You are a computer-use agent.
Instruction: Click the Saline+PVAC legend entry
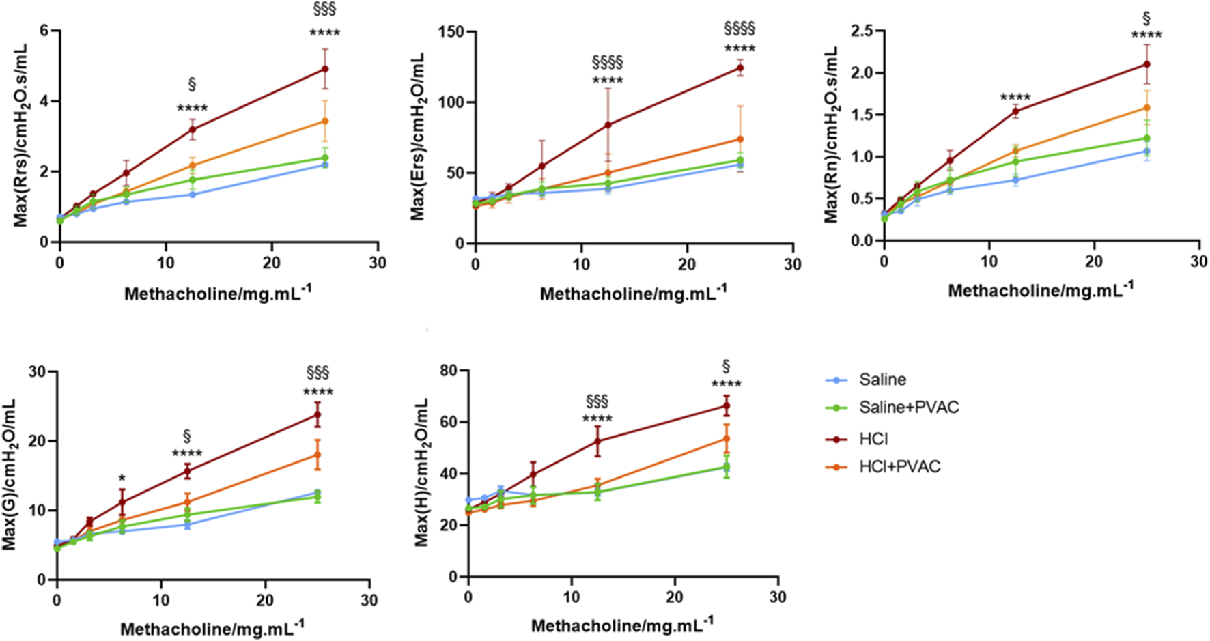click(x=908, y=408)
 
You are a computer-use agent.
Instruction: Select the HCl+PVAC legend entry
click(x=899, y=467)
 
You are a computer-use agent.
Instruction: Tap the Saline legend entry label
click(x=882, y=380)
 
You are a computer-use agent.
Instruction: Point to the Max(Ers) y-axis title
click(x=417, y=137)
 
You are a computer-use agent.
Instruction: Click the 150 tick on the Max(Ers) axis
click(x=451, y=31)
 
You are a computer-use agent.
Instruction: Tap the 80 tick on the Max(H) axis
click(x=449, y=370)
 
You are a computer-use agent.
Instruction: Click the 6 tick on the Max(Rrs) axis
click(x=44, y=31)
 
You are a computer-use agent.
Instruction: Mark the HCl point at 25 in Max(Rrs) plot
click(x=325, y=69)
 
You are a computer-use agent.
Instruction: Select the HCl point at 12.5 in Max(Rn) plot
click(x=1015, y=111)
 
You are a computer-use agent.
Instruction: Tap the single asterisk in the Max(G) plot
click(x=122, y=479)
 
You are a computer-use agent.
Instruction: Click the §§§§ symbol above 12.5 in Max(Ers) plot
click(x=607, y=63)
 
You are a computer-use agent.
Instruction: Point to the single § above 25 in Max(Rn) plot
click(x=1146, y=18)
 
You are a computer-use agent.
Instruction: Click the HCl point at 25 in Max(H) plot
click(x=727, y=406)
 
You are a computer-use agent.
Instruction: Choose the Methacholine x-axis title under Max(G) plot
click(x=212, y=628)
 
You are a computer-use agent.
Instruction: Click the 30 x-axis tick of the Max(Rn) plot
click(x=1198, y=262)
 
